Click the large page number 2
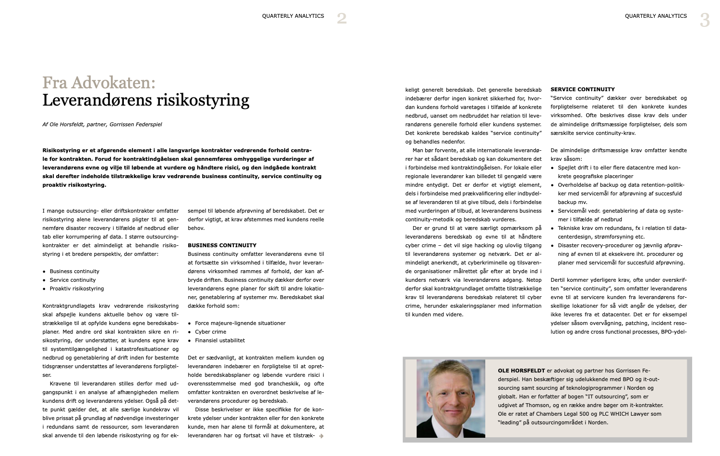coord(341,19)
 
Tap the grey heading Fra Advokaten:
coord(99,83)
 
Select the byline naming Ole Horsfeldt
coord(102,124)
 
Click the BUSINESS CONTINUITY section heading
coord(222,245)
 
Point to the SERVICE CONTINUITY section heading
coord(582,89)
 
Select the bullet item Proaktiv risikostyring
coord(77,288)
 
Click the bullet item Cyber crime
coord(210,332)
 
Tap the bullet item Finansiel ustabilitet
coord(220,340)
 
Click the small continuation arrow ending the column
coord(321,436)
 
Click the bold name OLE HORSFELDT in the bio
coord(521,371)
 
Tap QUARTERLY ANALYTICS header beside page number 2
coord(293,16)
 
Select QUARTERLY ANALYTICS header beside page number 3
coord(656,16)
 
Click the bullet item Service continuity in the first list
coord(72,280)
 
